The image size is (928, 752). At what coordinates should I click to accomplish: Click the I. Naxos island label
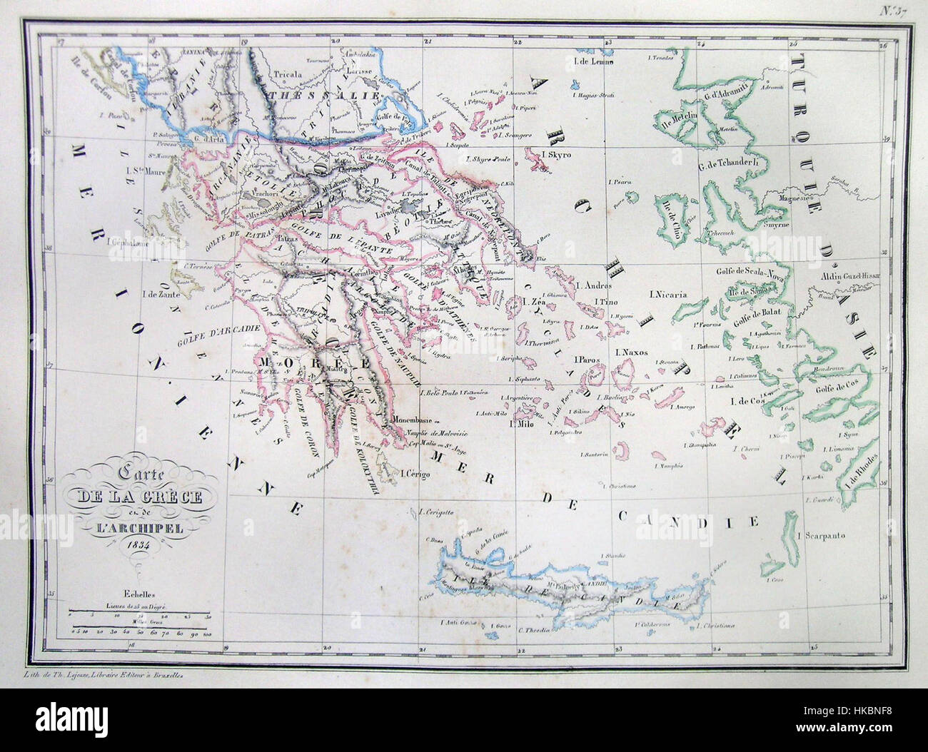(629, 352)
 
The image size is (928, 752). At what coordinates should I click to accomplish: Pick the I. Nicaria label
(669, 293)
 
